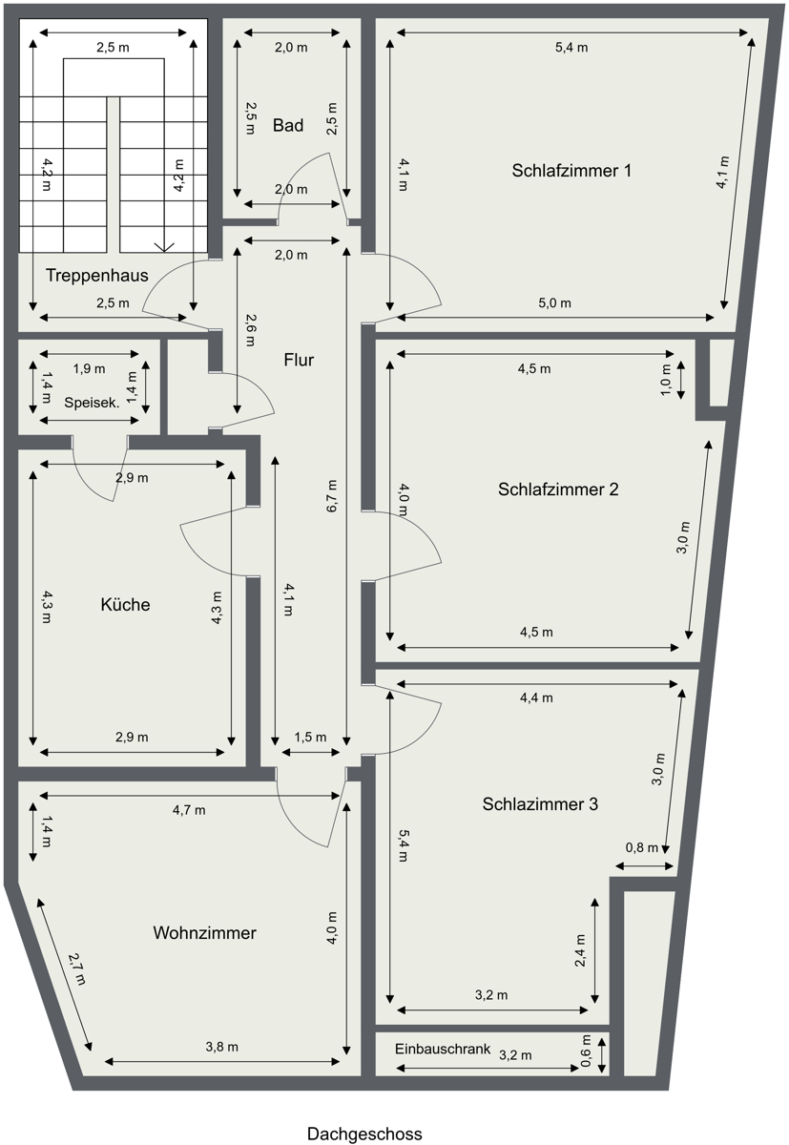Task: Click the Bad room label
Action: (287, 125)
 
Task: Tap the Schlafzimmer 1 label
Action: (571, 171)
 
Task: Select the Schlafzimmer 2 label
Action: (558, 489)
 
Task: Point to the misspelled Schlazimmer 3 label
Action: (540, 804)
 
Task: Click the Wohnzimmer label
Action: (204, 933)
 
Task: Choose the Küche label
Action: (125, 605)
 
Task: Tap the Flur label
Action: (299, 360)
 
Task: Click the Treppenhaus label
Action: (96, 276)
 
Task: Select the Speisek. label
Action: (92, 402)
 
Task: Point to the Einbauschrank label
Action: (443, 1049)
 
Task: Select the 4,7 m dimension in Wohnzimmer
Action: (189, 810)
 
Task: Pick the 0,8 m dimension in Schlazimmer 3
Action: (641, 847)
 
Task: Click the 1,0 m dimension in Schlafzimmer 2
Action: (667, 379)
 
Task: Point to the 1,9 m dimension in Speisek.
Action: (90, 368)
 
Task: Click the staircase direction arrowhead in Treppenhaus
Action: (164, 246)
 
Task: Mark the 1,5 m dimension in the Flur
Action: (310, 737)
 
